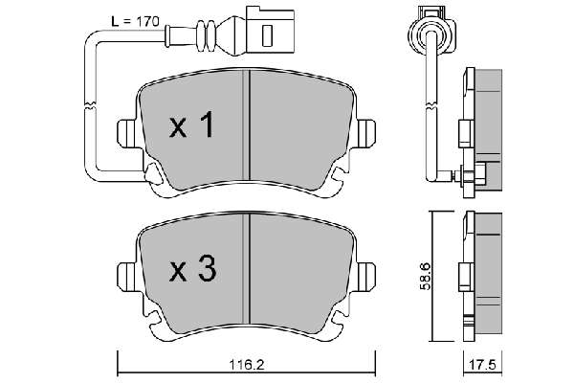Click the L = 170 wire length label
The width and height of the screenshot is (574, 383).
[135, 22]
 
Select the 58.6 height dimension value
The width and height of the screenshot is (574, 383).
[425, 276]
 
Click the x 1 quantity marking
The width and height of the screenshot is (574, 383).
[191, 125]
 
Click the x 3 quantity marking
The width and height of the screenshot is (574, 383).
[193, 269]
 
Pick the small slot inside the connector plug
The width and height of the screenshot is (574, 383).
[268, 35]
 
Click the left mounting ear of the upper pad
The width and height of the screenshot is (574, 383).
[126, 133]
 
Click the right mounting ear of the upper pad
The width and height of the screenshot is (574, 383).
[365, 133]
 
